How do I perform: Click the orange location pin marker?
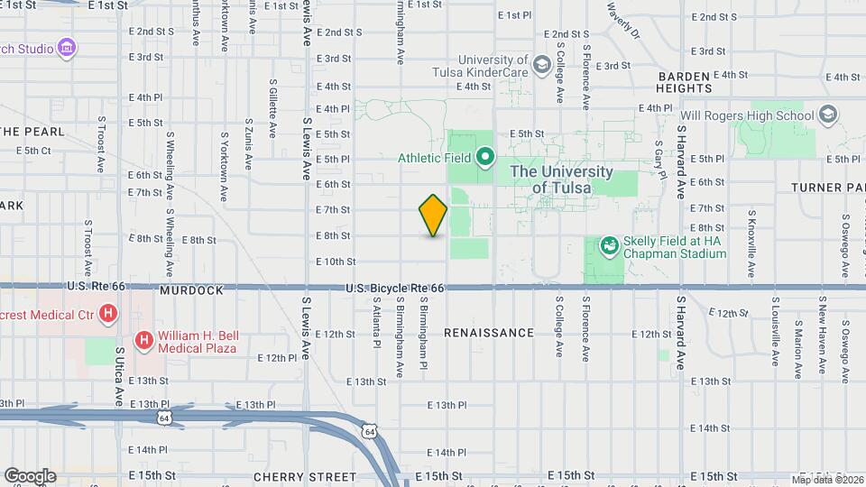click(433, 216)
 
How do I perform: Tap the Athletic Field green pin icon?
click(484, 158)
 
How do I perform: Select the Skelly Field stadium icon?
click(610, 245)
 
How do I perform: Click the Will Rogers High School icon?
click(828, 115)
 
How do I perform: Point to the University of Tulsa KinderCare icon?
click(541, 64)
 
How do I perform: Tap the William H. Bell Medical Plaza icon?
click(143, 340)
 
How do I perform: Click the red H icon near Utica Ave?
click(109, 313)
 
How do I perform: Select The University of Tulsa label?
click(561, 179)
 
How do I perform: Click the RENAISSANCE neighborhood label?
click(489, 333)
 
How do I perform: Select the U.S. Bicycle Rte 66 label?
click(395, 288)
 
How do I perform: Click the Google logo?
click(30, 475)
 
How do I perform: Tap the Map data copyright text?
click(827, 479)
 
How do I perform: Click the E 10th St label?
click(335, 262)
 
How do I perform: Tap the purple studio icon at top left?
click(65, 47)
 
